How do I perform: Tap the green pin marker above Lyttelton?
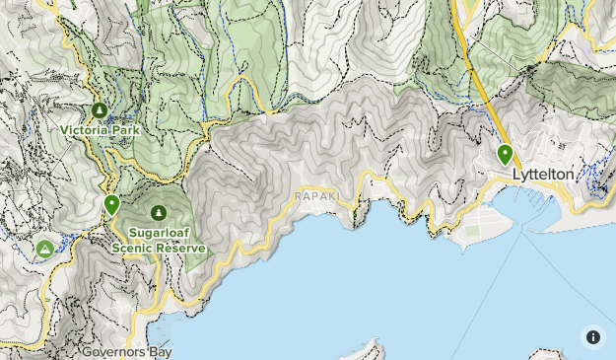505,154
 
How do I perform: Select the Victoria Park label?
100,129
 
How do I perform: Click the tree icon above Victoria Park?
99,110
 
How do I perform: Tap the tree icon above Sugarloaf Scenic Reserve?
159,212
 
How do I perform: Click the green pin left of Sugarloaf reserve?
112,205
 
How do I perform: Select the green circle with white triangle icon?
44,249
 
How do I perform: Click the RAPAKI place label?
316,196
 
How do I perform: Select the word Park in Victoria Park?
124,129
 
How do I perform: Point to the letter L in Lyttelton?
516,175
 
